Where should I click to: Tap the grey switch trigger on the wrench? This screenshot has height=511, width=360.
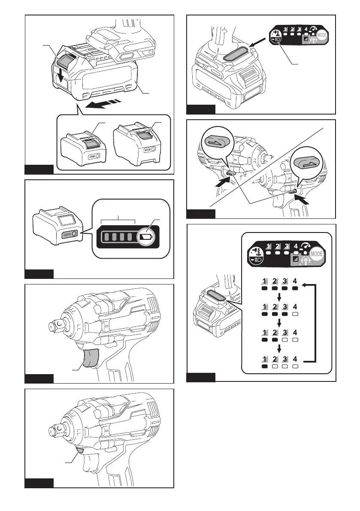point(89,357)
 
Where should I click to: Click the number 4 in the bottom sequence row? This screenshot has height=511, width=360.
point(295,359)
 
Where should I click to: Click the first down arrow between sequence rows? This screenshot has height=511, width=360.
point(279,298)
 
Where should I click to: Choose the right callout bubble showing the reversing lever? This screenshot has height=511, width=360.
point(306,163)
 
